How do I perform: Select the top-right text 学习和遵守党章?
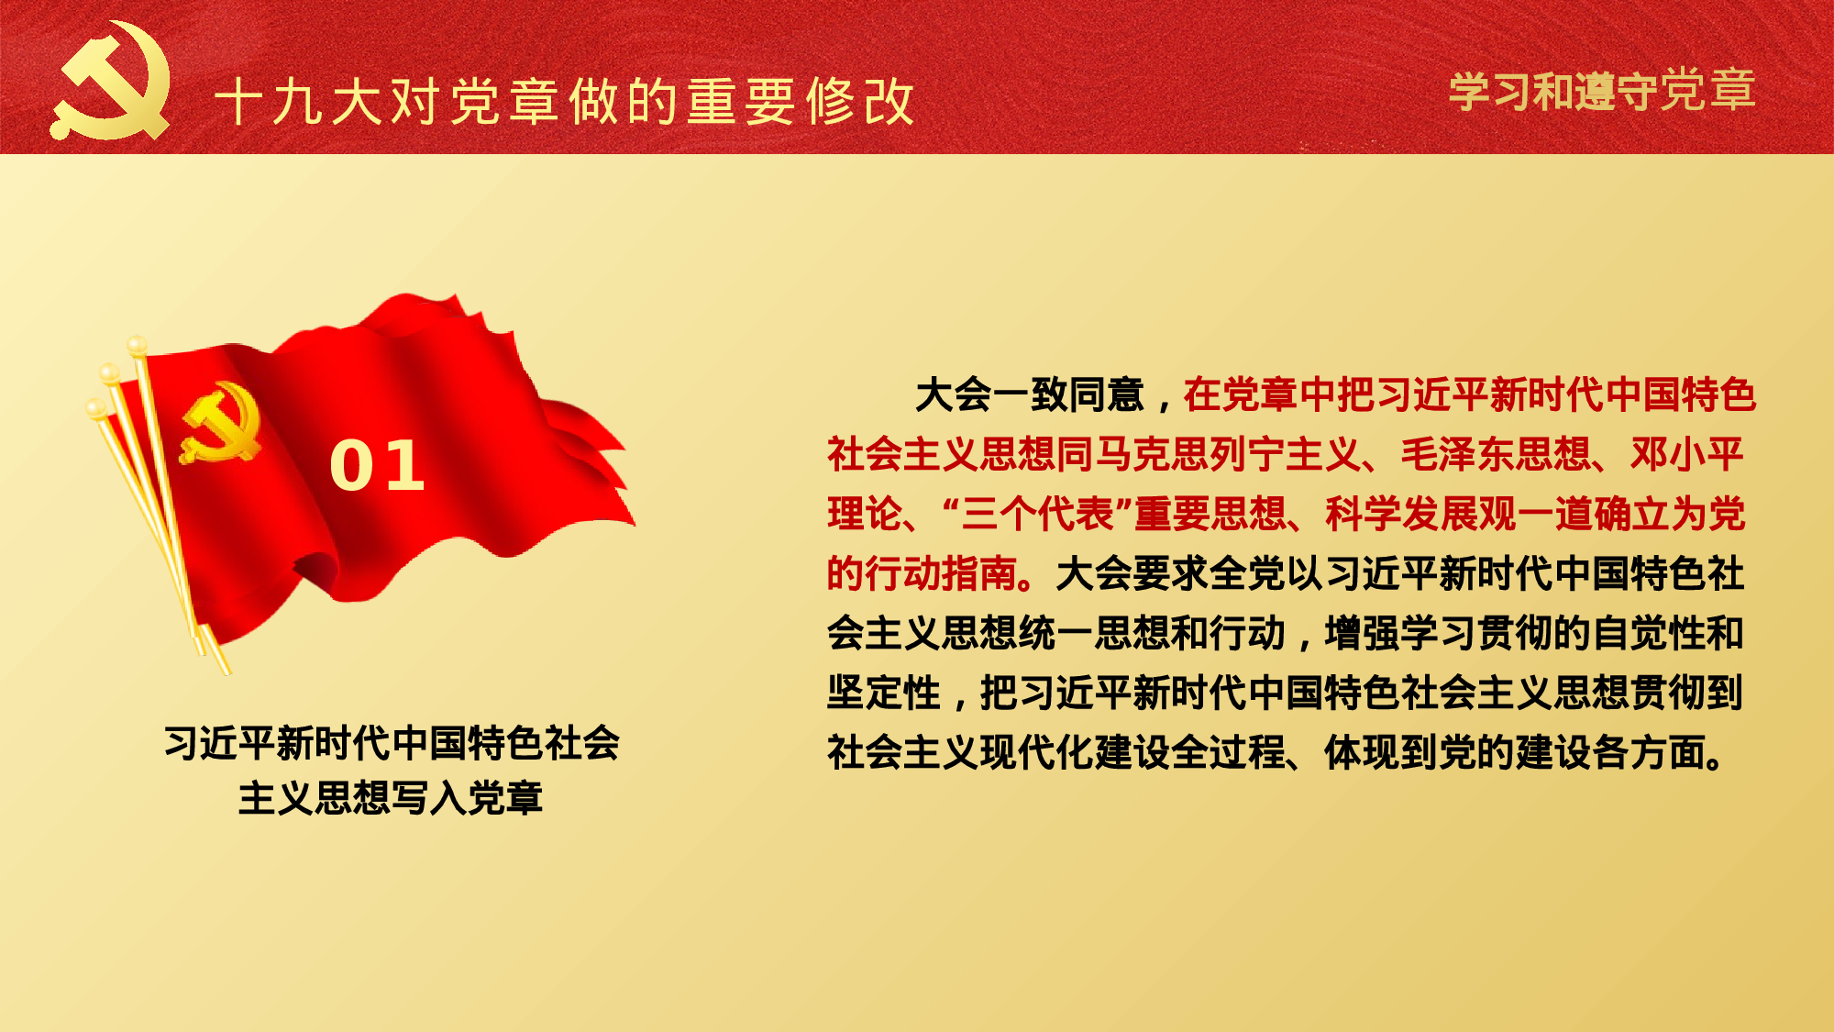click(x=1602, y=91)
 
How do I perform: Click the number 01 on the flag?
click(x=377, y=465)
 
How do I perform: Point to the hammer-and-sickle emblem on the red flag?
click(x=221, y=423)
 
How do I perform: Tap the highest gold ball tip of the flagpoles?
click(x=137, y=345)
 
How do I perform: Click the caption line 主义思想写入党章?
click(x=391, y=798)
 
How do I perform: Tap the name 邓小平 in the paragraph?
click(x=1687, y=454)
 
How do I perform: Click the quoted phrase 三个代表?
click(x=1036, y=514)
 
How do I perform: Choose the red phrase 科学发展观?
click(x=1420, y=514)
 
